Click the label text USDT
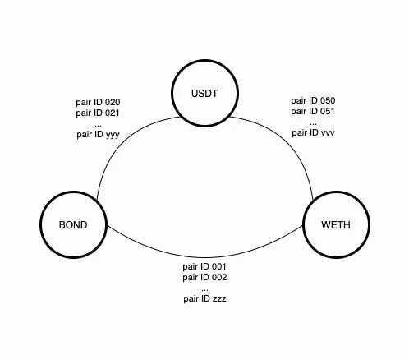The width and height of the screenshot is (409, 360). (x=204, y=94)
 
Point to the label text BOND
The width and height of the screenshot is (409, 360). (x=73, y=225)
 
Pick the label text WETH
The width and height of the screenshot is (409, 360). (x=336, y=225)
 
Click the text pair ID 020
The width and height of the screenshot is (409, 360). (x=98, y=103)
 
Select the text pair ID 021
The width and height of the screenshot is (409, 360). (x=98, y=113)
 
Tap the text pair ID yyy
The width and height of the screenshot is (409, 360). (x=98, y=135)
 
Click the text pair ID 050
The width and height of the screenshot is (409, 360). (x=313, y=101)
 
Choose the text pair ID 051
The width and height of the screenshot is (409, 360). (x=313, y=112)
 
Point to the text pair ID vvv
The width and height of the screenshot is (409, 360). (x=313, y=133)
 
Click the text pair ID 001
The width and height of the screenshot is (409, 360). (x=204, y=266)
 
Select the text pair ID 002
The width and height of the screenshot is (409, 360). (x=204, y=277)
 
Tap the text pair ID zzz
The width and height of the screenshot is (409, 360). (x=204, y=298)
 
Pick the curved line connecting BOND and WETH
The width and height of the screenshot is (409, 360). (x=204, y=257)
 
